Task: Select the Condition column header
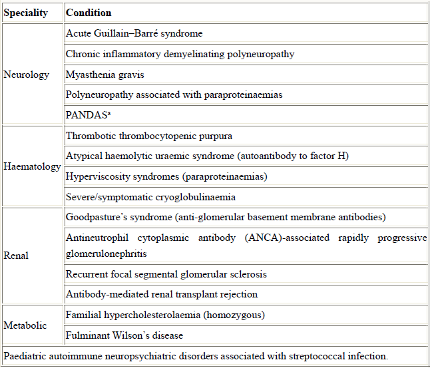tap(89, 13)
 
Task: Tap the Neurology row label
tap(27, 75)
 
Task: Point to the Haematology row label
tap(32, 166)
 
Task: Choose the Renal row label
tap(17, 255)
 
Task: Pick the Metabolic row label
tap(25, 325)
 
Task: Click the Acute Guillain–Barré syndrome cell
tap(134, 33)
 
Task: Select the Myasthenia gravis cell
tap(105, 74)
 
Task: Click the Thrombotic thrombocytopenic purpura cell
tap(149, 136)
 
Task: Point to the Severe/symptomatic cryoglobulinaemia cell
tap(150, 197)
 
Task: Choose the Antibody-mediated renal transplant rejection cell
tap(162, 294)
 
